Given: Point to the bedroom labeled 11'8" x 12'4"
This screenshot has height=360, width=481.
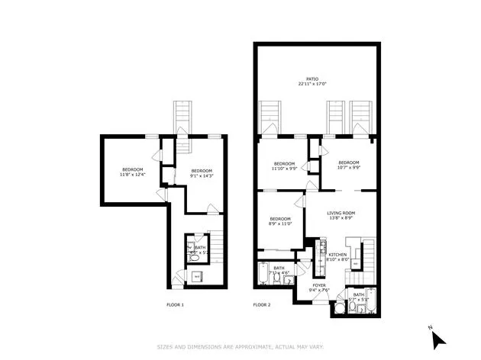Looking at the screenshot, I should point(132,172).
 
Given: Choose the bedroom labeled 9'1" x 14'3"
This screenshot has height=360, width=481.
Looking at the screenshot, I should point(201,173).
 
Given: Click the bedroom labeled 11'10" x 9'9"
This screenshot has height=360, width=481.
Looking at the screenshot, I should point(284,166).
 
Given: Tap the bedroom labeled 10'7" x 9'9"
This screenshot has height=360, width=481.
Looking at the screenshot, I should point(348,165).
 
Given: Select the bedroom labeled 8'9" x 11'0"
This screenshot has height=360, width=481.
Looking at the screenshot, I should point(281,220).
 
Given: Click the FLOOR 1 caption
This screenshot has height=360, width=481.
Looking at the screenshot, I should point(175,305).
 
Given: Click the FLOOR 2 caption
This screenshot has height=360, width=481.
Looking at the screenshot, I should point(262,305).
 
